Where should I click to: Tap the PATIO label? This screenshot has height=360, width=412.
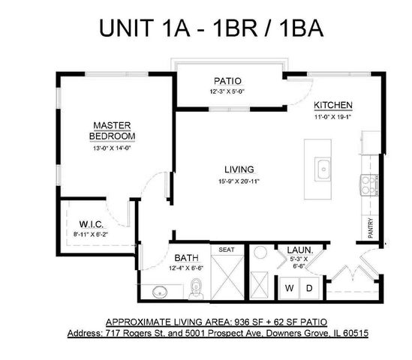pos(227,81)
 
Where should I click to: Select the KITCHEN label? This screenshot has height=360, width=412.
pos(333,105)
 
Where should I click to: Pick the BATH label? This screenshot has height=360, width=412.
pos(186,257)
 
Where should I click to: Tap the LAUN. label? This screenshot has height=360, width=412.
pos(299,250)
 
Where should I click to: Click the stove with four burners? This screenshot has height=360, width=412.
pos(369,184)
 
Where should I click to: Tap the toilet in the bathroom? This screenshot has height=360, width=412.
pos(196,285)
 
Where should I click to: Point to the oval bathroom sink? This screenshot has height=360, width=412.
pos(158,290)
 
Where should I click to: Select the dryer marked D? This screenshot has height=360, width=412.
pos(308,287)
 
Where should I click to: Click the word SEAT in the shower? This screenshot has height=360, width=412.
pos(226,250)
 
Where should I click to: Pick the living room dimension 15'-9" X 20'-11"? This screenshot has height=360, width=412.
pos(239,181)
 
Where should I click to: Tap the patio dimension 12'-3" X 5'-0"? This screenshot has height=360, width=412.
pos(227,91)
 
